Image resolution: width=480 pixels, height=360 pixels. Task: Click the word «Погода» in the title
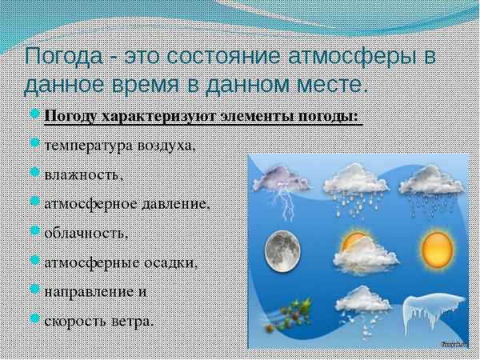62,58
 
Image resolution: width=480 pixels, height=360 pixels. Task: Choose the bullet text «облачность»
86,234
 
